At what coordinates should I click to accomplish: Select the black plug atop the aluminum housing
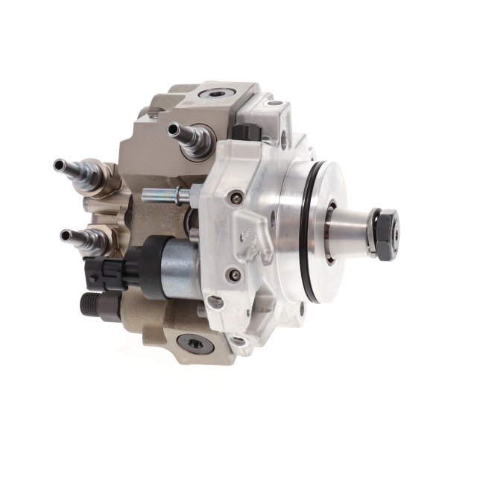(x=244, y=133)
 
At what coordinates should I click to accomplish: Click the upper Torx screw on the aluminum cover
(x=236, y=198)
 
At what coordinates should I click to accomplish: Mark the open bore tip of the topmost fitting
(x=173, y=128)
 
